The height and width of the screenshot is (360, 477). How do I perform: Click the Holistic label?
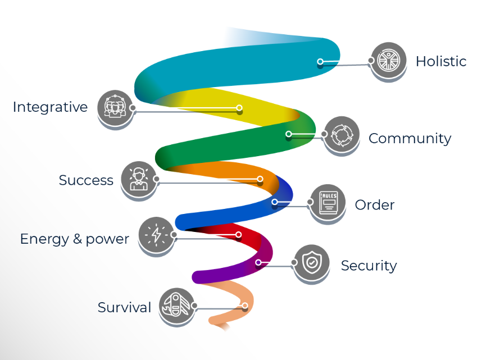click(x=441, y=61)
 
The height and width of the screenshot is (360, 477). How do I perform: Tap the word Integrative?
click(x=50, y=107)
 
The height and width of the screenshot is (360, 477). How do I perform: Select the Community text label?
click(x=410, y=139)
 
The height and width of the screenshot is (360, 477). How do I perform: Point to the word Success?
click(x=86, y=180)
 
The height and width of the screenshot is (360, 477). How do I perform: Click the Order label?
click(x=375, y=205)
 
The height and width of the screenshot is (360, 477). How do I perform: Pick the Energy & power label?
click(x=75, y=239)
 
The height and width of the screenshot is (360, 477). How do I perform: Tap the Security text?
click(x=369, y=266)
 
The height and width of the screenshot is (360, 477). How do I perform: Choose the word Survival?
click(x=124, y=307)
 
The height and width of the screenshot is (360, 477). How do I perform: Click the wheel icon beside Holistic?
click(x=388, y=60)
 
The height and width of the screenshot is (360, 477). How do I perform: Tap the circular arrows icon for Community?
click(x=342, y=134)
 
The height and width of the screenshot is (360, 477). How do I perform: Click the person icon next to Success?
click(x=139, y=179)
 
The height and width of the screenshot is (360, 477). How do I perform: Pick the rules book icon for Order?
click(x=328, y=202)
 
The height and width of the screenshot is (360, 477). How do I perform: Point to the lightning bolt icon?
click(x=156, y=235)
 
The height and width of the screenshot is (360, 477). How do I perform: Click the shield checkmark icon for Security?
click(x=311, y=262)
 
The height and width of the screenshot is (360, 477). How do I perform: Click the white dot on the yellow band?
click(x=239, y=108)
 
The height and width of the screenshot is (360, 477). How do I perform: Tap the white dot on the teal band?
click(x=320, y=62)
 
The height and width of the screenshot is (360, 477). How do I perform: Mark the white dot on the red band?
click(x=238, y=234)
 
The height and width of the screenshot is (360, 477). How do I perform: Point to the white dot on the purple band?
click(x=258, y=262)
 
